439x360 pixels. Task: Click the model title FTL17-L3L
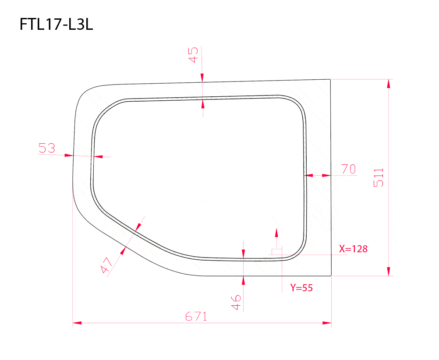(x=57, y=25)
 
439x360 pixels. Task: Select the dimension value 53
(x=47, y=148)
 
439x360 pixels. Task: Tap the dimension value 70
(x=349, y=169)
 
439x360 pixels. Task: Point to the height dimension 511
(x=379, y=177)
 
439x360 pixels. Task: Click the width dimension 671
(x=195, y=316)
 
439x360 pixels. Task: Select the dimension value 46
(x=236, y=302)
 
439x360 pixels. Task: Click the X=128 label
(x=353, y=249)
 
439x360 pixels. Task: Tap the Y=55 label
(x=301, y=288)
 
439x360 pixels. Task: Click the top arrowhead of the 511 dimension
(x=388, y=84)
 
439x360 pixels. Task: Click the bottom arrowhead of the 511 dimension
(x=388, y=272)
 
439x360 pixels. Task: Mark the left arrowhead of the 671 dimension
(x=77, y=323)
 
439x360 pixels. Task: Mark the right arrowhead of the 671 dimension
(x=327, y=323)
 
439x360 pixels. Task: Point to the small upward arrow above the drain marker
(x=276, y=232)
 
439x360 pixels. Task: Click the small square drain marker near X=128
(x=276, y=251)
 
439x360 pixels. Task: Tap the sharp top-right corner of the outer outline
(x=330, y=79)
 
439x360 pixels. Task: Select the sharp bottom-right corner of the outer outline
(x=331, y=276)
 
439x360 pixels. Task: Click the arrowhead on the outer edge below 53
(x=68, y=155)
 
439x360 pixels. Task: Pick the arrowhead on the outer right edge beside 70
(x=326, y=175)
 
